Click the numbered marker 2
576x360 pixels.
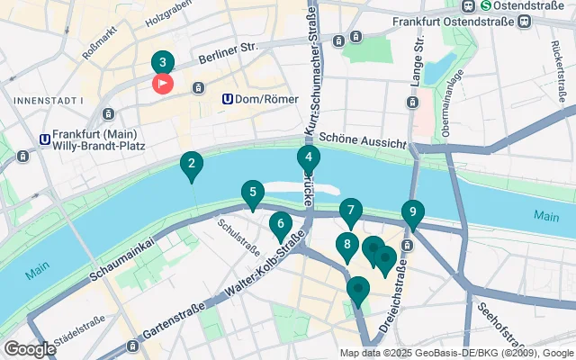191,165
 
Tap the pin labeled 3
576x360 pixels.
162,62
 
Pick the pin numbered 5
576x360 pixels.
253,192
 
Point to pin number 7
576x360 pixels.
350,211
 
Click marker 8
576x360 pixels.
346,244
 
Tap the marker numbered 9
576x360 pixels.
412,212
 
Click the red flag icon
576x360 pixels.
163,85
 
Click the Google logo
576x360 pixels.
30,348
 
